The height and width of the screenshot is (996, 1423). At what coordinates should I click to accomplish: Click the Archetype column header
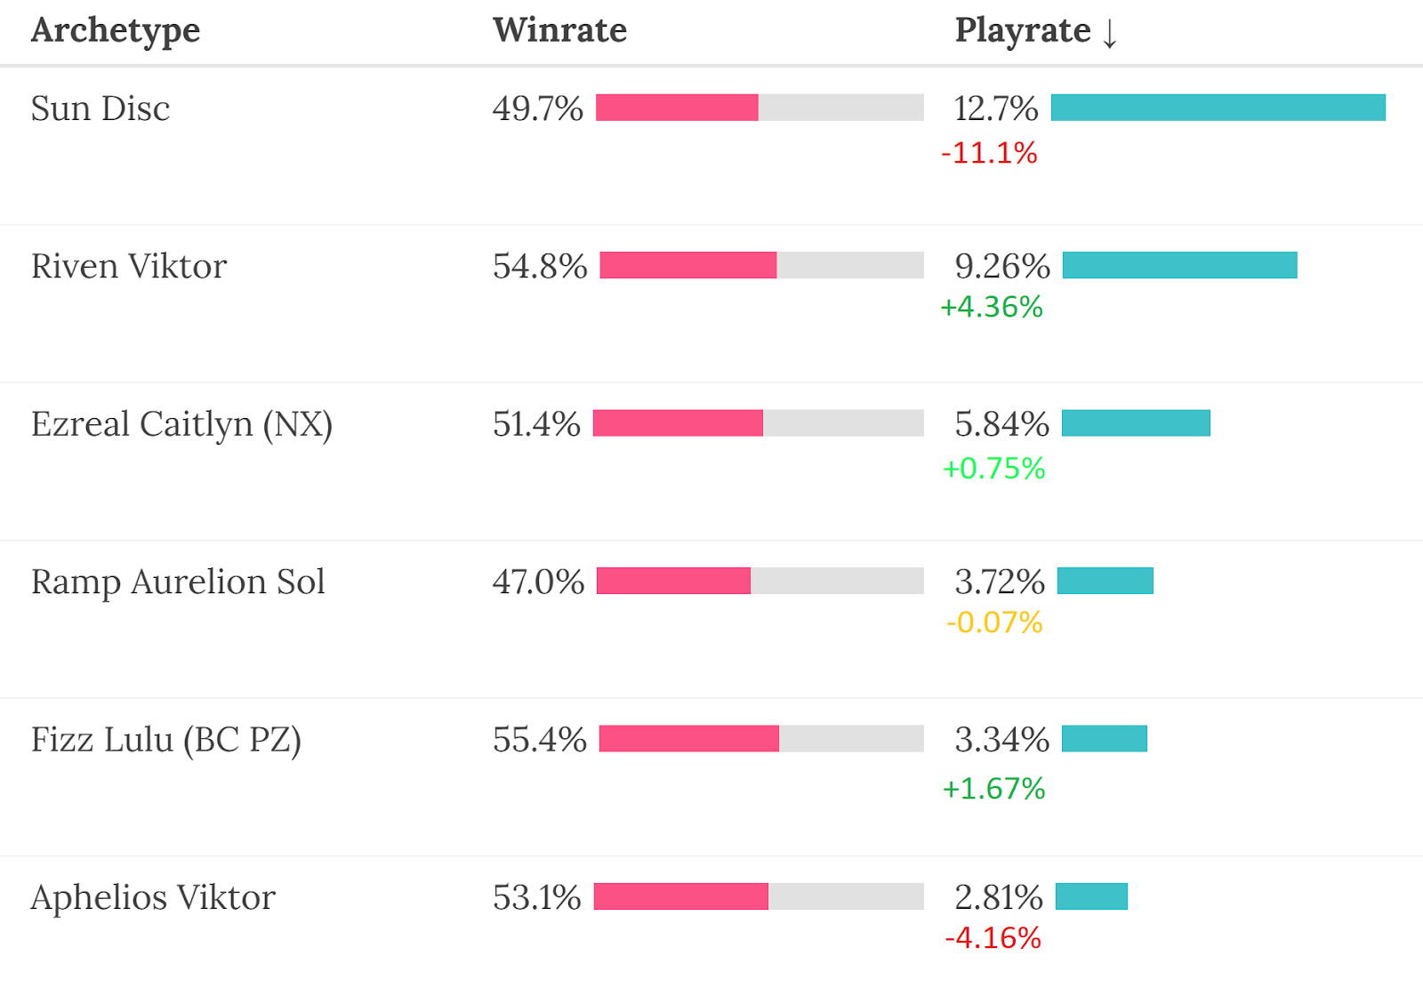[x=116, y=31]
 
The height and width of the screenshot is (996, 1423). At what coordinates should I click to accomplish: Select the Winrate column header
[x=559, y=30]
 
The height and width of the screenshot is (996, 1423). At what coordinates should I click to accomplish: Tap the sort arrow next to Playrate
[x=1109, y=33]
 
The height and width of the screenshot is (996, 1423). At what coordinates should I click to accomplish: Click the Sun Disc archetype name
[x=100, y=108]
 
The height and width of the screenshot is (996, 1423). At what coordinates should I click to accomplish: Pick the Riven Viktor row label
[x=129, y=266]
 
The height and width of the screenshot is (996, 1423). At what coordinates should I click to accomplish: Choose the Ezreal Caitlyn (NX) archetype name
[x=181, y=424]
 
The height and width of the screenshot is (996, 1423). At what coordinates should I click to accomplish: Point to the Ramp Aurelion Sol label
[x=178, y=582]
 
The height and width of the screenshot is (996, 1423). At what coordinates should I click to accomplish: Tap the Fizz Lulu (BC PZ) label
[x=166, y=740]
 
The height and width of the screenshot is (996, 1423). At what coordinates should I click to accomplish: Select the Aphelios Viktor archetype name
[x=153, y=897]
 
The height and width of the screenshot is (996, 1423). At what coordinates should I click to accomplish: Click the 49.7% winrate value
[x=537, y=108]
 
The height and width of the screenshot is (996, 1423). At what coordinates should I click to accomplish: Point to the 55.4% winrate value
[x=540, y=740]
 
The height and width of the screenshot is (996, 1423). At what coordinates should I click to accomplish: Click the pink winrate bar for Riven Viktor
[x=687, y=265]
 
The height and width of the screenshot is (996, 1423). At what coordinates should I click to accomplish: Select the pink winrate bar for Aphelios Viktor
[x=680, y=896]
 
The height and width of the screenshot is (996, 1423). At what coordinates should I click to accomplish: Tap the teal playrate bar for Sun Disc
[x=1218, y=108]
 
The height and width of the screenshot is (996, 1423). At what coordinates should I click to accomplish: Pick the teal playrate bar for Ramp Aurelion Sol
[x=1105, y=581]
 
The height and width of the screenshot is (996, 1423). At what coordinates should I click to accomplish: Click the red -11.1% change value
[x=989, y=153]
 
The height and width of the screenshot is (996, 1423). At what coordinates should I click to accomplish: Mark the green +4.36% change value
[x=992, y=307]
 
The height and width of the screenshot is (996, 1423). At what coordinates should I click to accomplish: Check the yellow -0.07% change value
[x=994, y=622]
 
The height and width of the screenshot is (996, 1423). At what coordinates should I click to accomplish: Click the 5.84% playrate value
[x=1001, y=424]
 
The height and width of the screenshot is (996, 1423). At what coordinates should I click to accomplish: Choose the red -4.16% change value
[x=993, y=938]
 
